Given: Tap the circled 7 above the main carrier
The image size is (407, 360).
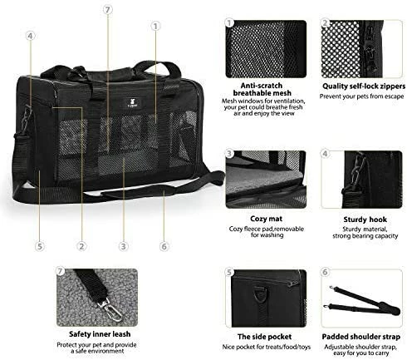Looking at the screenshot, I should coord(107,10).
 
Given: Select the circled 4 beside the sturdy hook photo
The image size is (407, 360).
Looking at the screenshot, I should coord(326,155).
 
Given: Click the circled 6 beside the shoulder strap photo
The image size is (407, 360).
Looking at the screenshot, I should coord(326,272).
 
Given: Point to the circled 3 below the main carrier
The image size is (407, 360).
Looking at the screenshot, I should coord(123,246).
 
